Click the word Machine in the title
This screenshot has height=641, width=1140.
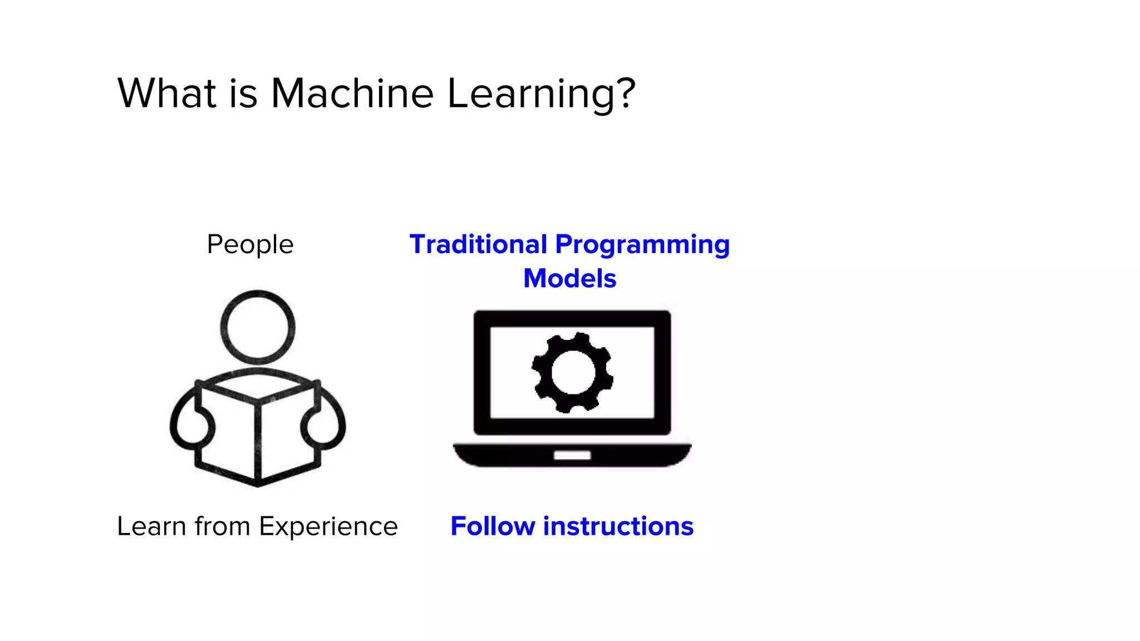pyautogui.click(x=352, y=93)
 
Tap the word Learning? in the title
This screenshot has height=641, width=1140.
pyautogui.click(x=541, y=93)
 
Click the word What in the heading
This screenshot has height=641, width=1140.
pyautogui.click(x=166, y=93)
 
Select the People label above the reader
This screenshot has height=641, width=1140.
pyautogui.click(x=250, y=244)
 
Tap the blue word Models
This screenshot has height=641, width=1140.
pyautogui.click(x=569, y=278)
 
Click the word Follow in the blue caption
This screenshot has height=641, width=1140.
pyautogui.click(x=493, y=526)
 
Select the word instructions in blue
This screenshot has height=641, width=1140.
pyautogui.click(x=618, y=526)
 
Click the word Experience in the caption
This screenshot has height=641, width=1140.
pyautogui.click(x=328, y=527)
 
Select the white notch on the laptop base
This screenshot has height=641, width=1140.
pyautogui.click(x=572, y=456)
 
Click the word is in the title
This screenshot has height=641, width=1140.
pyautogui.click(x=243, y=93)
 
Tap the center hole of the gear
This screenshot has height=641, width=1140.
pyautogui.click(x=572, y=373)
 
